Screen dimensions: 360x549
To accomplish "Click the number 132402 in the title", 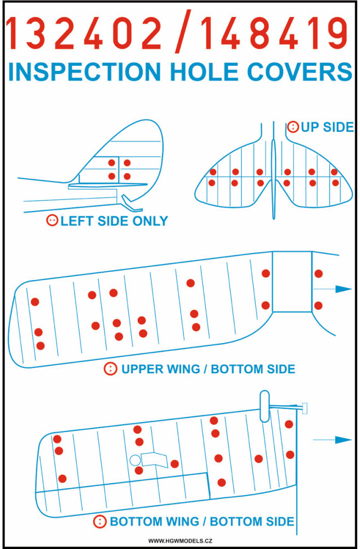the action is pos(84,33).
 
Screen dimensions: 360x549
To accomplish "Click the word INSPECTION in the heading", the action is pos(85,72).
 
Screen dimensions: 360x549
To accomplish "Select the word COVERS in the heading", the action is pos(300,72).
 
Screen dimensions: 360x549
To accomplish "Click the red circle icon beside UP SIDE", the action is pos(293,127).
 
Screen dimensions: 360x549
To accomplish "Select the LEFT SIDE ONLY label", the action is pos(114,221).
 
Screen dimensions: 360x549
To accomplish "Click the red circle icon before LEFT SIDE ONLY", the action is pos(52,220).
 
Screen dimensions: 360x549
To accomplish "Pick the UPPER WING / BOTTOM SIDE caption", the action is pos(208,369).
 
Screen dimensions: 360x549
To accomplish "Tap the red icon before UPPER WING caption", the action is pos(110,369).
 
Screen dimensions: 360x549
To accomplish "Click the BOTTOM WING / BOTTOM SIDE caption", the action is pos(202,522).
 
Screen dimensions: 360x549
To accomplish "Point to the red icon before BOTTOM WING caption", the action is pos(100,522).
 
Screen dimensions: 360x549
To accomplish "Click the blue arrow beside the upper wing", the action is pos(333,289).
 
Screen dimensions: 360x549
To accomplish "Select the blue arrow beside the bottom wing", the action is pos(333,440).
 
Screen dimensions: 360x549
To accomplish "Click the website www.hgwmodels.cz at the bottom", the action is pos(180,541).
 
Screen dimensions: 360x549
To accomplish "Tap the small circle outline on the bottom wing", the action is pos(135,460).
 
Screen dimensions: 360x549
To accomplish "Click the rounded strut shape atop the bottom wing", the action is pos(265,406).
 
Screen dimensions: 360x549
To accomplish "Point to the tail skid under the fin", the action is pos(132,204).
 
